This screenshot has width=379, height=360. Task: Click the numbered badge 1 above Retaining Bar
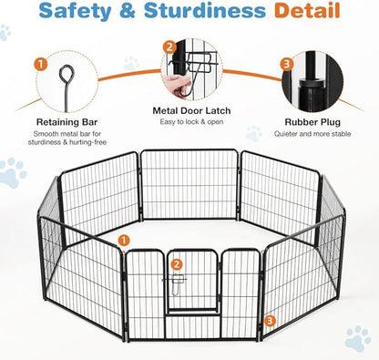coord(40,66)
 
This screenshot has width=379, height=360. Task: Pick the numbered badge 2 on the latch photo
coord(169,46)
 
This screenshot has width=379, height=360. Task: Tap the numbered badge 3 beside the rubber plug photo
coord(287,65)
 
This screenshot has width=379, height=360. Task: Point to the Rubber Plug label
coord(313,119)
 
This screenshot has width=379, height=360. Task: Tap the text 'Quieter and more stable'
coord(313,134)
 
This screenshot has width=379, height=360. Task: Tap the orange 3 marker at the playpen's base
coord(271,321)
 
